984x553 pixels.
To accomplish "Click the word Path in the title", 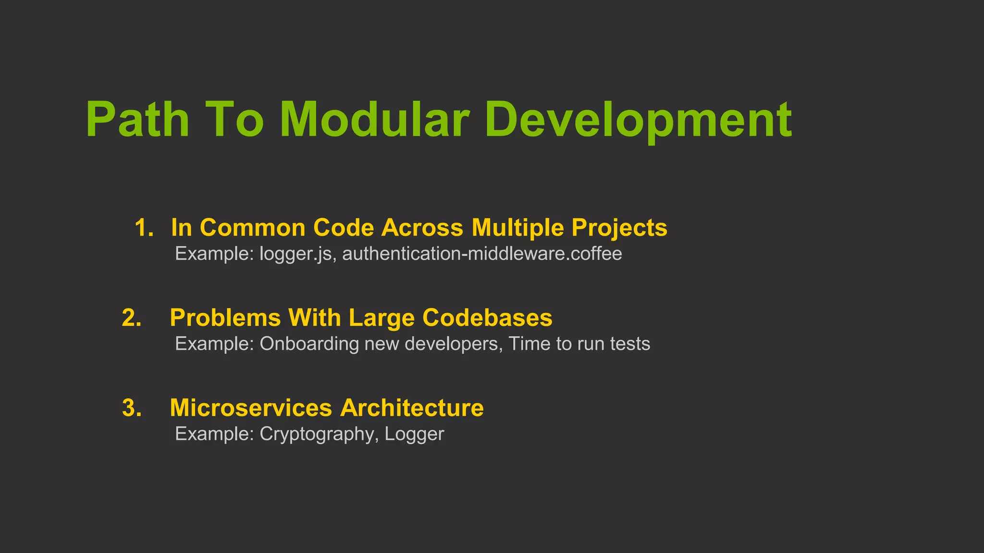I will coord(137,120).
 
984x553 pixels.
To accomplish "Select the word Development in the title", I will coord(638,120).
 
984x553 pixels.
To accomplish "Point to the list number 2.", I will coord(132,318).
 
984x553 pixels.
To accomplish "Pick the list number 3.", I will coord(132,408).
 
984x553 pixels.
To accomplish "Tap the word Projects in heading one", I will coord(619,228).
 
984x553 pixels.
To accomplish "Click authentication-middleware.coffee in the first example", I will coord(482,254).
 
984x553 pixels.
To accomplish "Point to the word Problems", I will coord(225,318).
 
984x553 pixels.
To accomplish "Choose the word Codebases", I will coord(487,318).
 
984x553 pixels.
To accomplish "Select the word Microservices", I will coord(251,408).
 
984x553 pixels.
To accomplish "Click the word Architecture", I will coord(412,408).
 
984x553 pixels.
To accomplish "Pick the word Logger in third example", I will coord(414,434).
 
